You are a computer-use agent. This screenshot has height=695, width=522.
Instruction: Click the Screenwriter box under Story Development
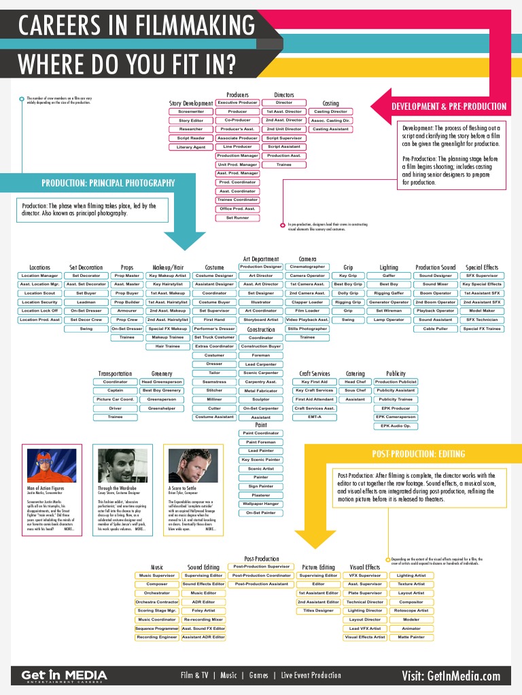pos(191,111)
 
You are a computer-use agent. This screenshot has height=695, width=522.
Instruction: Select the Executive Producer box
pos(237,102)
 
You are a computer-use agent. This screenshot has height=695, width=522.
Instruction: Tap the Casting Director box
pos(330,111)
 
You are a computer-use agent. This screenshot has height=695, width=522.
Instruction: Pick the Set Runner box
pos(237,218)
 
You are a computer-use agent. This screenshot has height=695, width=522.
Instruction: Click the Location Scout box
pos(39,293)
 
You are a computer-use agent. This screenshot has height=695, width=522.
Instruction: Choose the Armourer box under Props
pos(127,310)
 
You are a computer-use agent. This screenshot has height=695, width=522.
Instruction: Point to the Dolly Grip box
pos(348,293)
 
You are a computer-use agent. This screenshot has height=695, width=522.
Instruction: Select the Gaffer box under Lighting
pos(389,276)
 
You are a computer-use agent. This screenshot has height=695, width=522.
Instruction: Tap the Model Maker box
pos(482,310)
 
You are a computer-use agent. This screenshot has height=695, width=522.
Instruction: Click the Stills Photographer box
pos(307,328)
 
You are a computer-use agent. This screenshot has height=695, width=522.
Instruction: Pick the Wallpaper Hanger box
pos(261,504)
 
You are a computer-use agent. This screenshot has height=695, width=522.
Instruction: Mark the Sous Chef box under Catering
pos(355,390)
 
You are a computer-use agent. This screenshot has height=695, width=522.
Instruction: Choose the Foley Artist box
pos(203,611)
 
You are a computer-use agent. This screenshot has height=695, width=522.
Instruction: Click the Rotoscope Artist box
pos(411,611)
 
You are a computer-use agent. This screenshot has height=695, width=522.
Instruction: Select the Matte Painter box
pos(411,637)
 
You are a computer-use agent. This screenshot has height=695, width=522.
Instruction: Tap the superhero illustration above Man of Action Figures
pos(52,466)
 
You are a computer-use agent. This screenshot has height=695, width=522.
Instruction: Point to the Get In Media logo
pos(64,676)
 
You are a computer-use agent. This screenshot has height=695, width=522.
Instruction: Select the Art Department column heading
pos(260,259)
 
